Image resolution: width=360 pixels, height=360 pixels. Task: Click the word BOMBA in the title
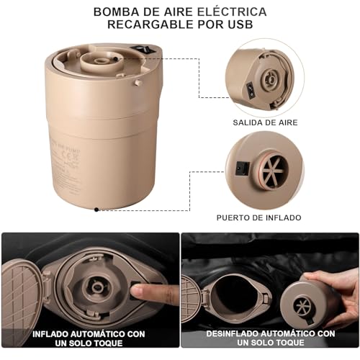[114, 12]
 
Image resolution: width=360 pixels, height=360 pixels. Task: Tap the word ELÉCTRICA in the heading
[234, 12]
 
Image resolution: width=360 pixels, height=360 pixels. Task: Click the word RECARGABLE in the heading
[145, 25]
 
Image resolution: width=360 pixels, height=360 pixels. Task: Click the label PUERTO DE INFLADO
[259, 217]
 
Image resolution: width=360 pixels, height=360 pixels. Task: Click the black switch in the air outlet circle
[250, 91]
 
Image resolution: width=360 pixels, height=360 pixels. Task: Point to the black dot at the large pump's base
[96, 209]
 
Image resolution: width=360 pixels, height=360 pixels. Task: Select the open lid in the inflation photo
[19, 290]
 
